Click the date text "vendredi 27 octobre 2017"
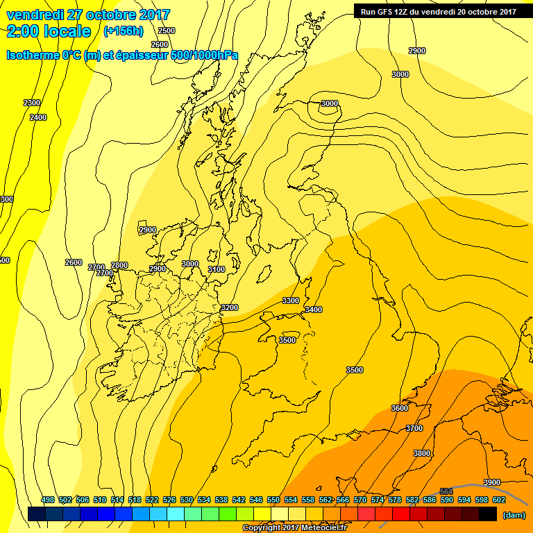point(87,15)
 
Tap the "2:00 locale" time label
point(49,31)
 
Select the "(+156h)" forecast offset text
point(123,31)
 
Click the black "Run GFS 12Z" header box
point(438,11)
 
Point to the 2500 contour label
point(167,31)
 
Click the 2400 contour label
point(38,117)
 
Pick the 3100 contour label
point(217,269)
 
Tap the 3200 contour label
point(229,307)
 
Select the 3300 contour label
point(291,301)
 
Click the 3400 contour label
point(313,310)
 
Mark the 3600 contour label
point(400,408)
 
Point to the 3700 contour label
point(414,428)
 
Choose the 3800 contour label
point(422,453)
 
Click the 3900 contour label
point(492,482)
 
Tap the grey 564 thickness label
point(446,491)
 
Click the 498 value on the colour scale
point(48,500)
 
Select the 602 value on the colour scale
point(498,500)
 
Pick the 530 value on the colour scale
point(187,500)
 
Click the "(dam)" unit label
point(514,515)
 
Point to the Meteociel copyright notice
point(294,528)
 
